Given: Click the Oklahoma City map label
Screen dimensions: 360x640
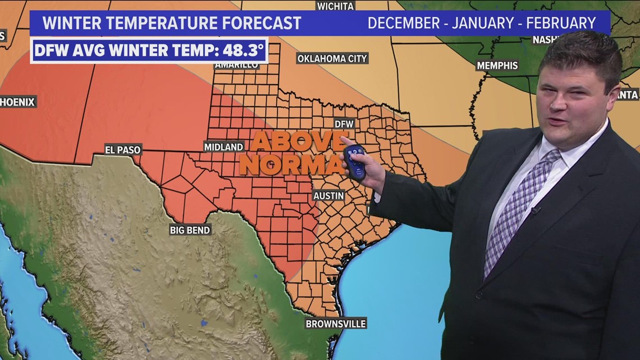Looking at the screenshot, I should pyautogui.click(x=332, y=58).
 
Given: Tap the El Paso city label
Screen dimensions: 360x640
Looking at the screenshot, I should pyautogui.click(x=123, y=149).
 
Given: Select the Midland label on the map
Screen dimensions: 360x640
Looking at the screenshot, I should pyautogui.click(x=223, y=147).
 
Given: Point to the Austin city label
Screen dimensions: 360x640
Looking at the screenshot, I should pyautogui.click(x=329, y=195).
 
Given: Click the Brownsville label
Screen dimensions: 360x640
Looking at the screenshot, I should pyautogui.click(x=336, y=323).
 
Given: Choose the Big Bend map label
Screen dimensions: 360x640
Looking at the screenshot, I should pyautogui.click(x=190, y=230).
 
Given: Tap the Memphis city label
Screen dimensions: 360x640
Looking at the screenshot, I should pyautogui.click(x=497, y=66).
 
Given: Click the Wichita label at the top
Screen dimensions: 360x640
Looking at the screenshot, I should pyautogui.click(x=335, y=6).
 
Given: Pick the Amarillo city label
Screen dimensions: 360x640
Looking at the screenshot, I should pyautogui.click(x=236, y=65).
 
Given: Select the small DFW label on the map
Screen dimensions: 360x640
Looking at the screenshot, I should pyautogui.click(x=344, y=123).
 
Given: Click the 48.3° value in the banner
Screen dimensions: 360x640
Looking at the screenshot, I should pyautogui.click(x=243, y=51).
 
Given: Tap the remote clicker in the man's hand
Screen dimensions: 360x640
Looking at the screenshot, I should pyautogui.click(x=354, y=162).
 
